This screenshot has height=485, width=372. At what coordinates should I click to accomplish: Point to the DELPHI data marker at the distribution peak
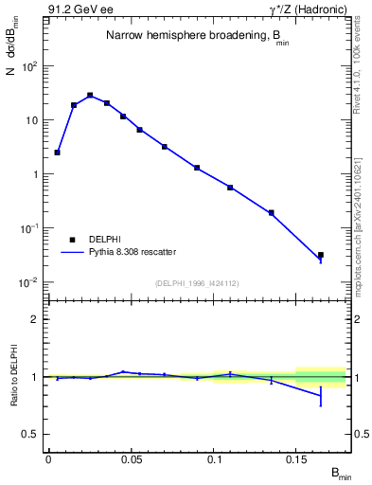point(90,95)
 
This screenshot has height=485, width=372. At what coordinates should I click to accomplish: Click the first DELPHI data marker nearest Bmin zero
point(57,152)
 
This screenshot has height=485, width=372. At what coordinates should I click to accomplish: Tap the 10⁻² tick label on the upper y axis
point(30,282)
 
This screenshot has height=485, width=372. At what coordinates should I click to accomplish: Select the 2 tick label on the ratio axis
point(35,320)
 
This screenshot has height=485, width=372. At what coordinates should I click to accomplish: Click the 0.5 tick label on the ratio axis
point(30,434)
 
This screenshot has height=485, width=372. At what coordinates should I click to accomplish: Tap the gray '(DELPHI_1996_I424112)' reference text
point(197,281)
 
